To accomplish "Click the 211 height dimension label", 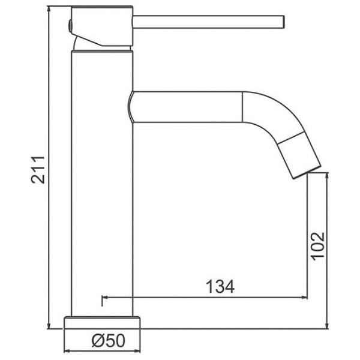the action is click(38, 170).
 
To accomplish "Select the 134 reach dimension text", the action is click(220, 287).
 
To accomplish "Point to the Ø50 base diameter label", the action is click(109, 340).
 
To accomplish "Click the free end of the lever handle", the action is click(284, 22).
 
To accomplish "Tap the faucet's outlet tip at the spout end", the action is click(307, 172).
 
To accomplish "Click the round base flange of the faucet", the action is click(102, 323).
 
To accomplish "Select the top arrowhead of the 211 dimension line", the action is click(49, 9).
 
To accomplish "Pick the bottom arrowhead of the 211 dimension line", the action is click(49, 326).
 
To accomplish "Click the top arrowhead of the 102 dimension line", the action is click(328, 176).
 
